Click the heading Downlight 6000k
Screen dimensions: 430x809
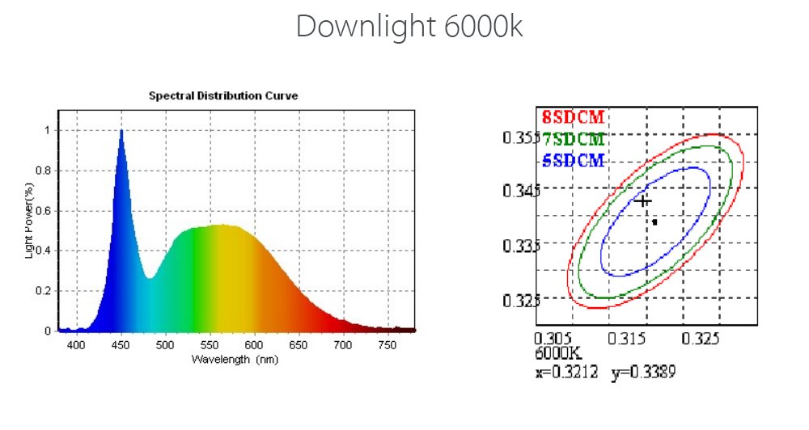coord(409,27)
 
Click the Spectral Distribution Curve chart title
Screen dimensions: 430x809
coord(223,95)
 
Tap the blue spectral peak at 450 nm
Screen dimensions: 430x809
coord(121,132)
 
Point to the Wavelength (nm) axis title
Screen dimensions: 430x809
coord(235,359)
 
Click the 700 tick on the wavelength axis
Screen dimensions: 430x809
coord(343,346)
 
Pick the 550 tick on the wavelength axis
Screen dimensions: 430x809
coord(210,346)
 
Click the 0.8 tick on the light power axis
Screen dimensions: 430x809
coord(44,171)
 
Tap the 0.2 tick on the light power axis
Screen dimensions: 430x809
coord(44,291)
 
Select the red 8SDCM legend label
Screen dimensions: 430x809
coord(574,117)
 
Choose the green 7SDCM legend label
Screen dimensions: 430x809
coord(574,139)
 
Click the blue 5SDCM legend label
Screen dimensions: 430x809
coord(574,161)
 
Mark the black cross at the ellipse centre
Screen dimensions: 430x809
coord(643,200)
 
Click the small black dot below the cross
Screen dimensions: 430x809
coord(654,221)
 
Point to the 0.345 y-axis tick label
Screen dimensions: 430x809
coord(521,192)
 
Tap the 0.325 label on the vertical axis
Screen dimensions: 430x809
coord(521,301)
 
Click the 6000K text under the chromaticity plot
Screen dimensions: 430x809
coord(558,353)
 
